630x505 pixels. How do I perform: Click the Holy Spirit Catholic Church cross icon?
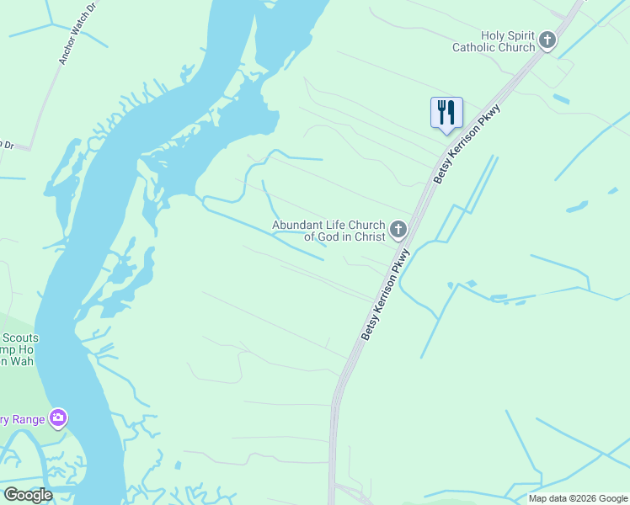(x=547, y=40)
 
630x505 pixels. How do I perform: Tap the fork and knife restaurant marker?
(x=446, y=113)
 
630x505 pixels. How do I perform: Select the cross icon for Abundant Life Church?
(x=398, y=229)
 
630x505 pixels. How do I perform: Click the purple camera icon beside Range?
(x=58, y=417)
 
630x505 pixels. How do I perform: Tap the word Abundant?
(x=297, y=225)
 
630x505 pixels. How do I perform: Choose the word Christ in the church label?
(x=368, y=237)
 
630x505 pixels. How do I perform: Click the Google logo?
(x=28, y=495)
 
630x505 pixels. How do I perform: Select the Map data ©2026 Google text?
(x=577, y=497)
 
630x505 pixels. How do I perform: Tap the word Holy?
(x=494, y=35)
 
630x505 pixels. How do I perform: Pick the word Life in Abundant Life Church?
(x=335, y=225)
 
